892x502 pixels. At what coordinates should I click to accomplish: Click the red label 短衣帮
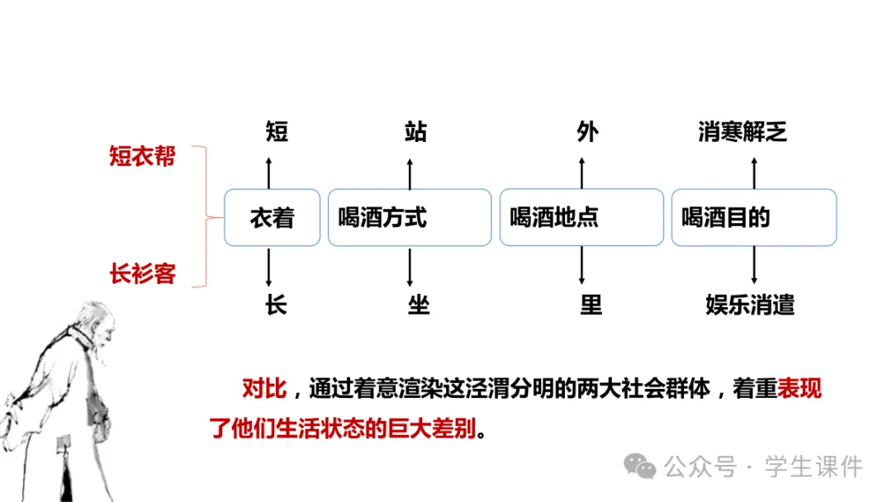(142, 156)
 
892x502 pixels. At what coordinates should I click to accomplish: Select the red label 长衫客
(142, 273)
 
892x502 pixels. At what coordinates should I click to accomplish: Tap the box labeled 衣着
(272, 218)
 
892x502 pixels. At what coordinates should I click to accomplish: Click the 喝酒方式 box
(410, 218)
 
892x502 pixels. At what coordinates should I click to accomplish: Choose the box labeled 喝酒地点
(581, 218)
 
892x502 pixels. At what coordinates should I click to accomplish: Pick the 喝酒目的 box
(753, 218)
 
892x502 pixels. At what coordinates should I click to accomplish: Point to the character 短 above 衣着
(277, 131)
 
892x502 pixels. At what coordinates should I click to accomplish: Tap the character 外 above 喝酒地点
(587, 131)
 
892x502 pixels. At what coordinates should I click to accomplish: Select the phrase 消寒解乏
(743, 131)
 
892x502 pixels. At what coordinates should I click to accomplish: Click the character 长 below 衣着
(276, 305)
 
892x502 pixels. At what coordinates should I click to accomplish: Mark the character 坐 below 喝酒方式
(419, 305)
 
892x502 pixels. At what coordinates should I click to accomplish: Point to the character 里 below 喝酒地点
(591, 305)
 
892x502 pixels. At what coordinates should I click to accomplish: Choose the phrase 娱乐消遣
(750, 305)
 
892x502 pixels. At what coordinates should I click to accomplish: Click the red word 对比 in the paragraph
(263, 388)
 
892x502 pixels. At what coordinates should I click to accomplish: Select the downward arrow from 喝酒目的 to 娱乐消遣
(753, 266)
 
